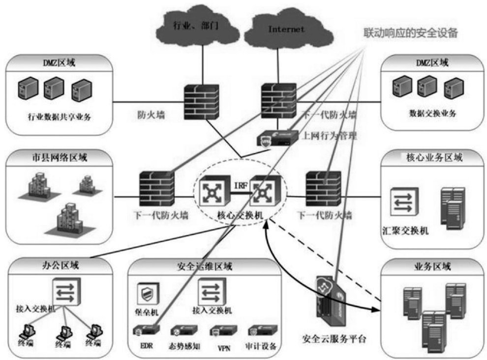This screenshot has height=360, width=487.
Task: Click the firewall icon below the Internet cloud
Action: point(278,99)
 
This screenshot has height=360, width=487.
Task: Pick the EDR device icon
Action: point(146,330)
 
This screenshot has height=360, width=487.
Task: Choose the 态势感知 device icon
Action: point(183,330)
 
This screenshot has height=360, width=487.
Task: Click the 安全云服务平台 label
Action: point(334,339)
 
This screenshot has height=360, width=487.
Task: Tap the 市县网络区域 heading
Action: point(61,158)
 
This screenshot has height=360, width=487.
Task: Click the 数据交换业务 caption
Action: point(433,113)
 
